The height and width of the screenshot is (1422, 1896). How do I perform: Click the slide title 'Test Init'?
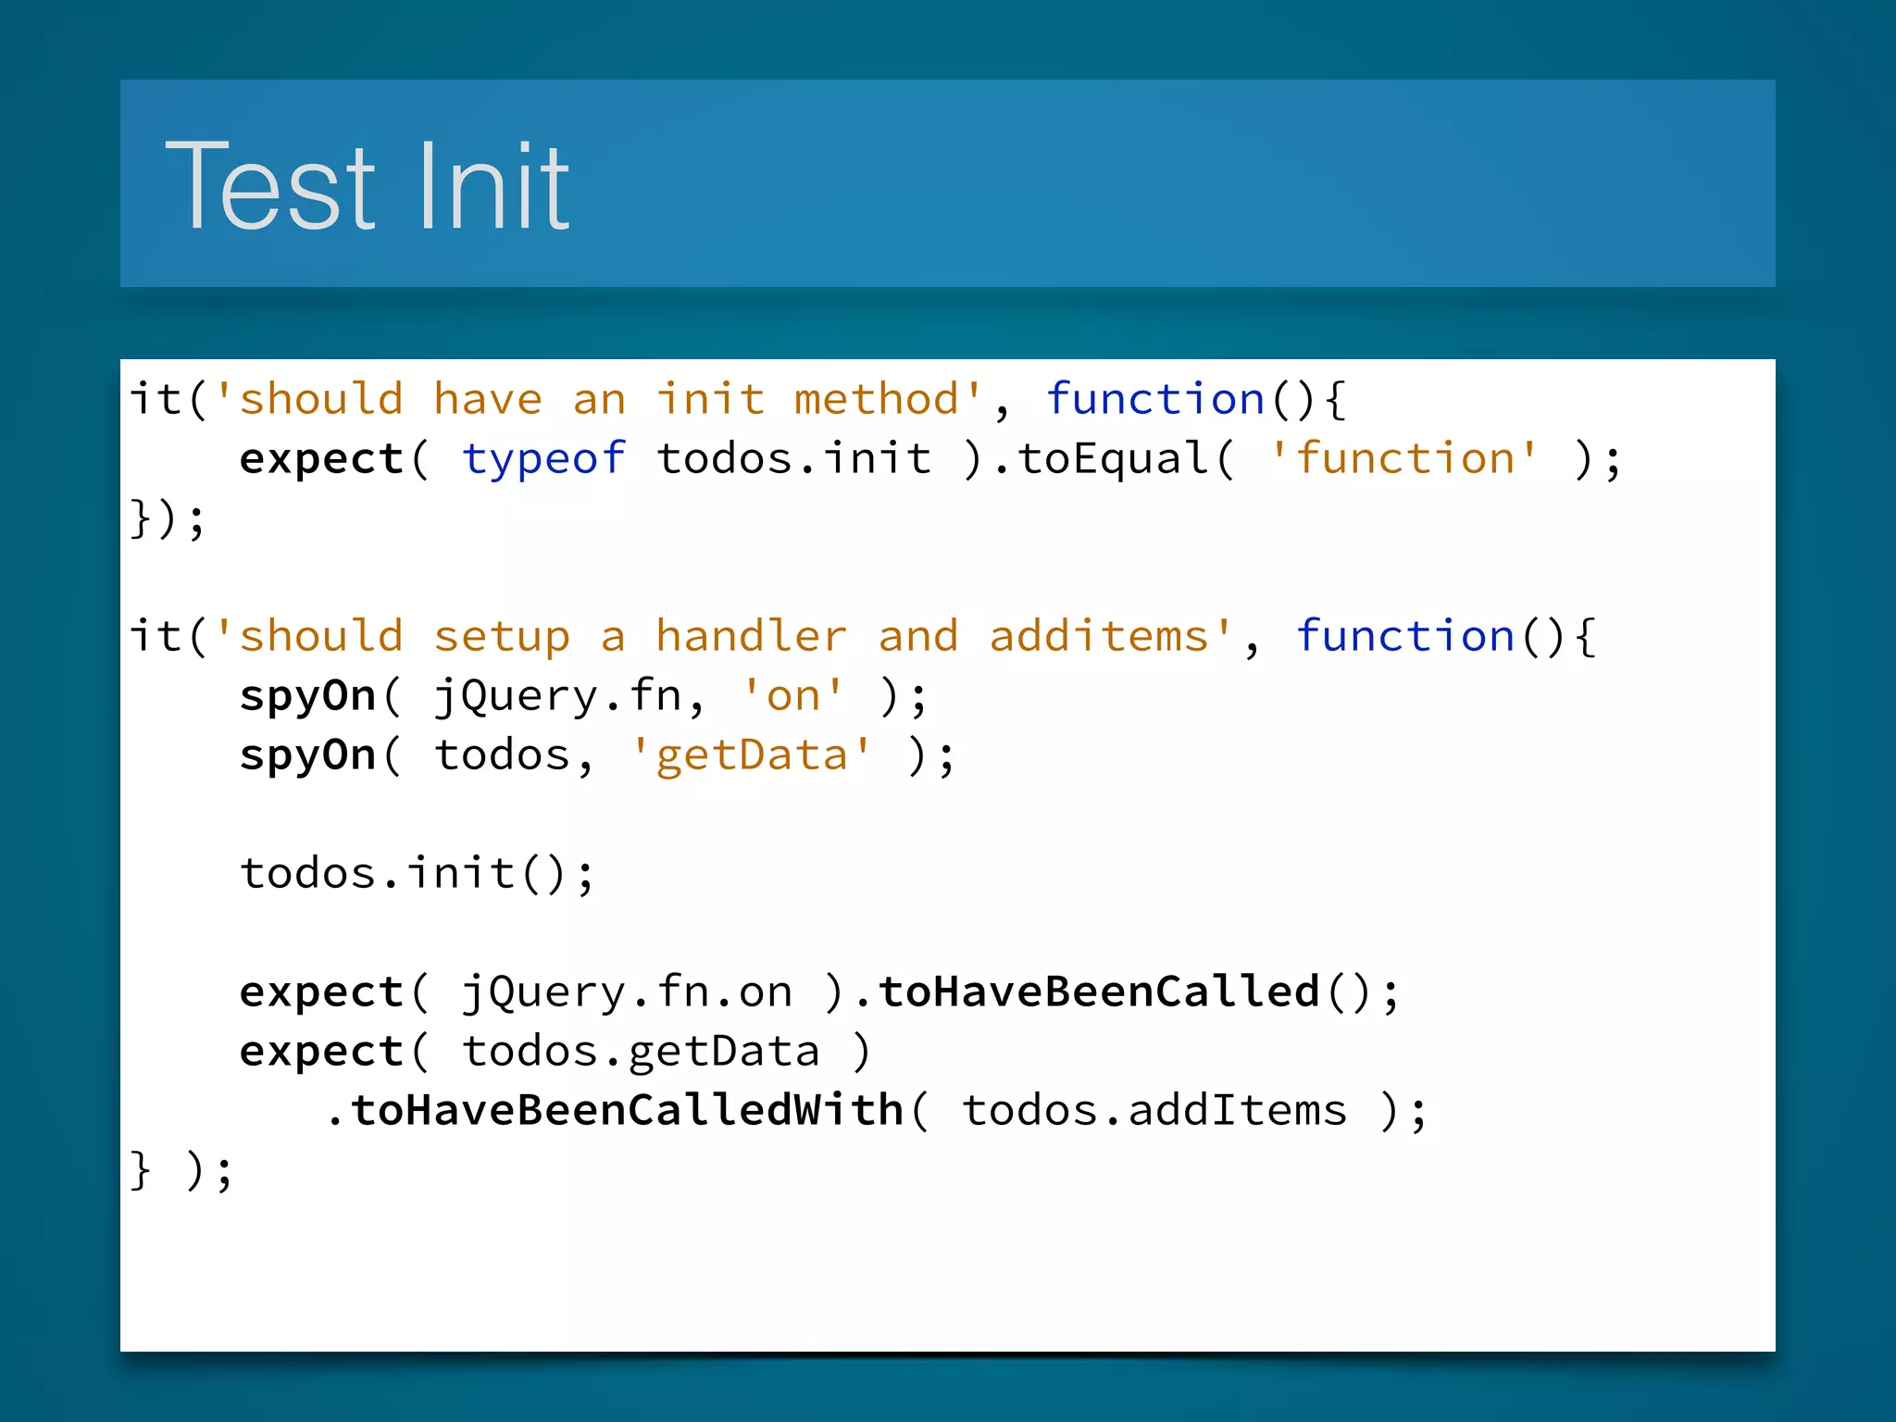(x=368, y=185)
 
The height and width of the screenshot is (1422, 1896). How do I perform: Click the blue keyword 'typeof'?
(x=544, y=459)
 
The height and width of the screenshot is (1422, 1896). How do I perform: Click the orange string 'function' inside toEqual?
(x=1404, y=459)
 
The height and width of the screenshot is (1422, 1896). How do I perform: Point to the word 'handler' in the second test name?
(x=751, y=637)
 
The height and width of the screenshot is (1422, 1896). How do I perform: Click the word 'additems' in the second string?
(x=1099, y=637)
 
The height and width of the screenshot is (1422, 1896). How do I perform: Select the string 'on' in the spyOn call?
(x=793, y=696)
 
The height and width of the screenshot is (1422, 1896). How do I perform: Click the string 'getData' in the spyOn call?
(x=751, y=755)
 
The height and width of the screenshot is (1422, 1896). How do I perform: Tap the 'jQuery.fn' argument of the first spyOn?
(x=558, y=696)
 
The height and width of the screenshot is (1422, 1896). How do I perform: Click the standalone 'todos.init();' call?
(x=417, y=874)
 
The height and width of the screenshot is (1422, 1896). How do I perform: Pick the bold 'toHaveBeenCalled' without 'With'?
(x=1099, y=992)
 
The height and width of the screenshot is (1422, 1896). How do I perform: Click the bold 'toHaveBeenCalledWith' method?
(x=627, y=1111)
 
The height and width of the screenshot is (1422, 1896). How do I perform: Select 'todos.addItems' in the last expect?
(x=1154, y=1111)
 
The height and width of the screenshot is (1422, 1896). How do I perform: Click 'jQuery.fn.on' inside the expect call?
(x=627, y=992)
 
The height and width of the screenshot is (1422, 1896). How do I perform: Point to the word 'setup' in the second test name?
(x=502, y=637)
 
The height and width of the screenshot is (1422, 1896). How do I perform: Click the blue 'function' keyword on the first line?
(x=1155, y=400)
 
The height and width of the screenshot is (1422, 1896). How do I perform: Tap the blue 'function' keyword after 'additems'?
(x=1404, y=637)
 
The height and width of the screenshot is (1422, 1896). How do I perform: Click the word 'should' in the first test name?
(x=321, y=400)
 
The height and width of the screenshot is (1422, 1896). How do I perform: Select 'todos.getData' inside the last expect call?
(x=641, y=1052)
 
